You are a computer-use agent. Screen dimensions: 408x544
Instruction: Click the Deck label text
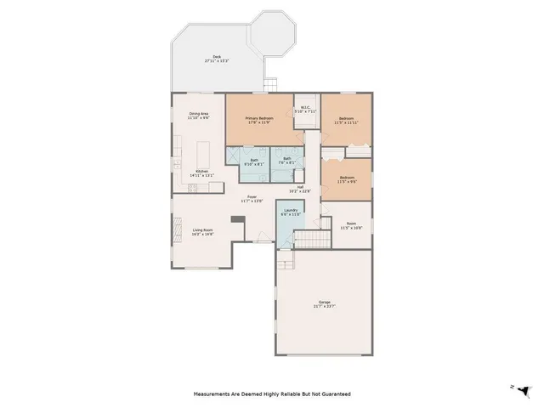click(x=218, y=59)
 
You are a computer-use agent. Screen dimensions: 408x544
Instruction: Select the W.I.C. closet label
click(x=304, y=109)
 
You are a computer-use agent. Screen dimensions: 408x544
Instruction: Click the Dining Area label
click(x=200, y=116)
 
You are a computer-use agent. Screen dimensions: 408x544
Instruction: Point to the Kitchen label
click(x=203, y=173)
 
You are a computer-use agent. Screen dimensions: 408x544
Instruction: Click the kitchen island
click(x=205, y=155)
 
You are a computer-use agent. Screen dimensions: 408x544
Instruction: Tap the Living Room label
click(x=202, y=231)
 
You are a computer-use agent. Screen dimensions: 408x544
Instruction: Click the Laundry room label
click(x=291, y=212)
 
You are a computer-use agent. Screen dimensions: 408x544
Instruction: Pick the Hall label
click(x=300, y=189)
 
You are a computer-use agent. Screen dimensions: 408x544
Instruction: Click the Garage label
click(x=325, y=304)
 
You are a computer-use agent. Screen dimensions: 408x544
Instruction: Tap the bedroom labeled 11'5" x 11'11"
click(x=346, y=122)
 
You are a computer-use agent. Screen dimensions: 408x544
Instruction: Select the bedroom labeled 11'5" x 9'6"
click(x=346, y=180)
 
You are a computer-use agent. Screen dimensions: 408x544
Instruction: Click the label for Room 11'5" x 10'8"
click(x=351, y=226)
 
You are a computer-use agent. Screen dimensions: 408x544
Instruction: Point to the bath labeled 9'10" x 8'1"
click(x=254, y=165)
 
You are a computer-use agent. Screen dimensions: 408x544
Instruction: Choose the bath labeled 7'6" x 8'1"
click(x=287, y=160)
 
